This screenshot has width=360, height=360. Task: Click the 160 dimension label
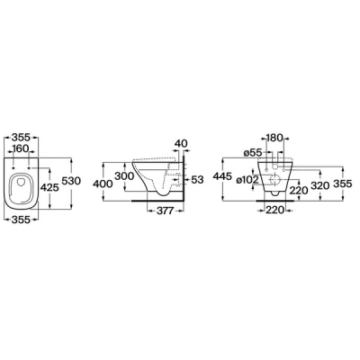tap(21, 148)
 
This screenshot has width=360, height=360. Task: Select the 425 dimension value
tap(49, 188)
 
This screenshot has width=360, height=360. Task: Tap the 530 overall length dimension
tap(71, 181)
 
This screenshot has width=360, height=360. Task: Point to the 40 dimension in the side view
tap(180, 143)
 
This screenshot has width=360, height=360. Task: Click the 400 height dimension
tap(103, 184)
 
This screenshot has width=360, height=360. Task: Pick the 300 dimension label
tap(124, 176)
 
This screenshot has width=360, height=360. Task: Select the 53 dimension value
tap(197, 180)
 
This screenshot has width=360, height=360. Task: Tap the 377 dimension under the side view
tap(166, 211)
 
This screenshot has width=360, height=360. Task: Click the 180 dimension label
tap(274, 138)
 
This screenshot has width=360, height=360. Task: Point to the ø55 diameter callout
tap(252, 153)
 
